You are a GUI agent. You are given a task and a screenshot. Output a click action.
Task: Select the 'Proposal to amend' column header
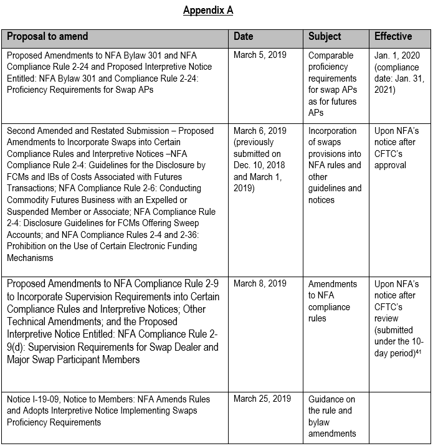tap(47, 37)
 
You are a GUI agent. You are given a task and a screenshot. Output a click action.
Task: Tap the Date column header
tap(243, 37)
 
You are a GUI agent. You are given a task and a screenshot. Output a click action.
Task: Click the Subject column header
tap(325, 37)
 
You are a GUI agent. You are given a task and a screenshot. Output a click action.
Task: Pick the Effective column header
tap(393, 37)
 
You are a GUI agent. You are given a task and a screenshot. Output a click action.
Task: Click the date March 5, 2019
tap(260, 55)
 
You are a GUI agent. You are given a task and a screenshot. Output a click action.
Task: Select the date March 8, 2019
tap(260, 284)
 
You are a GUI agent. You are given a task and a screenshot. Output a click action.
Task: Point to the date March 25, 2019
tap(262, 399)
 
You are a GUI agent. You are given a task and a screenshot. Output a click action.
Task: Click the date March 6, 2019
tap(260, 131)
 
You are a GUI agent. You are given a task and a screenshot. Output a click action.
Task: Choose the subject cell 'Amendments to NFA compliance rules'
tap(333, 301)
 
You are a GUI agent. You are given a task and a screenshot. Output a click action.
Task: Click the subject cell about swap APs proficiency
tap(333, 83)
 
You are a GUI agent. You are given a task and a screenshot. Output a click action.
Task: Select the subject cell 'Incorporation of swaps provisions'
tap(335, 165)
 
